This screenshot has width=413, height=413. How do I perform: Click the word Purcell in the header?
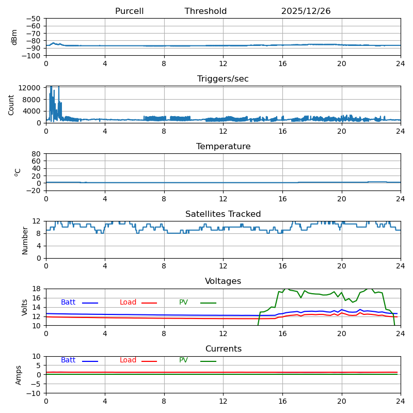129,11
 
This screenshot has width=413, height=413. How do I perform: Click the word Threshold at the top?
205,11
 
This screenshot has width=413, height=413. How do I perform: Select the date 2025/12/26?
306,11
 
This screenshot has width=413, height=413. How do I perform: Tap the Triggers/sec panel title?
223,79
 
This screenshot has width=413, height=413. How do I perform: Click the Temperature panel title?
223,147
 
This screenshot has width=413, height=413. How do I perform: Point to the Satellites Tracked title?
223,214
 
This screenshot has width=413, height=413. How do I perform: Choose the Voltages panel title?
223,281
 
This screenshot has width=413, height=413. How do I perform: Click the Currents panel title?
223,349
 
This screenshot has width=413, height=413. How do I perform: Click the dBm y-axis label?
14,37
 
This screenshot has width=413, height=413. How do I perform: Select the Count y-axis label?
11,104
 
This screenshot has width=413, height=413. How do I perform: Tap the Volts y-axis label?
25,307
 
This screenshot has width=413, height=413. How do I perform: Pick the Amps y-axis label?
19,375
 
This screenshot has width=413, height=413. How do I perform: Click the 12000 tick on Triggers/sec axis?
30,88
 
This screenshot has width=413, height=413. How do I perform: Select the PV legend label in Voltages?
184,303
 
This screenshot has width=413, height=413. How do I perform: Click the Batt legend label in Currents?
68,360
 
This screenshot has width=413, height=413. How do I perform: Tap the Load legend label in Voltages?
128,303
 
